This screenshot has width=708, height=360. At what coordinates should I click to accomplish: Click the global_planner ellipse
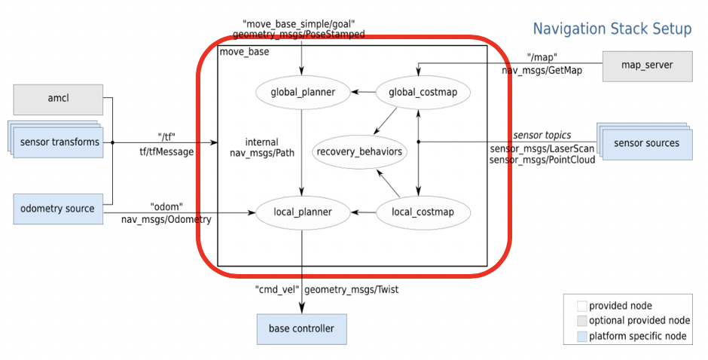coord(302,93)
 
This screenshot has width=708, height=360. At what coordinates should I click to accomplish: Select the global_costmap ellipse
coord(423,93)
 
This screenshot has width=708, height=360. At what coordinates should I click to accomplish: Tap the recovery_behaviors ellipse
coord(359,152)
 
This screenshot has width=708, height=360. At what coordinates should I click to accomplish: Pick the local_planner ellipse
coord(303,212)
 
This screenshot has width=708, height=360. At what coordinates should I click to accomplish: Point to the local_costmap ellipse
coord(423,212)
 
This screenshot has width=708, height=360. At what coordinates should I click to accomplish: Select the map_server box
coord(647,66)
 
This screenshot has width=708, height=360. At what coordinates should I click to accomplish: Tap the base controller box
coord(301,328)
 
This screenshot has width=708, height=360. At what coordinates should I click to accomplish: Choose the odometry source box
coord(58,209)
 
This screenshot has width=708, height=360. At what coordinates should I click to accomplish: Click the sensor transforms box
coord(59,142)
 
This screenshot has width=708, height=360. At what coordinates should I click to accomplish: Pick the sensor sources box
coord(646,143)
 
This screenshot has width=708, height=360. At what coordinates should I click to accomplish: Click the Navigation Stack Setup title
coord(612,29)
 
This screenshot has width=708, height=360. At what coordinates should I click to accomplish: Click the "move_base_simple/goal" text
coord(299,23)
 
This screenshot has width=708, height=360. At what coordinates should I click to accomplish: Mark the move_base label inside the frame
coord(243,52)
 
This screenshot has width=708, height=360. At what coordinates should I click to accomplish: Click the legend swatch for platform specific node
coord(581,336)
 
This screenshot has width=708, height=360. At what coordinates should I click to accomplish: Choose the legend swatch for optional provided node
coord(581,321)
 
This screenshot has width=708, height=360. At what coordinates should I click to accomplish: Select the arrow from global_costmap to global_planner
coord(365,93)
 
